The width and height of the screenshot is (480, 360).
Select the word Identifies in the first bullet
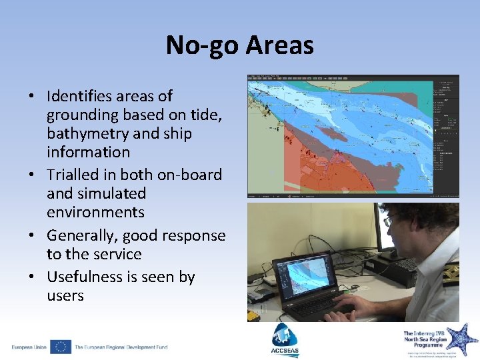(83, 96)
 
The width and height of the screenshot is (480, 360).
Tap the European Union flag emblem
(60, 347)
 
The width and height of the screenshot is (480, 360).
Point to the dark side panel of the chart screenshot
(446, 133)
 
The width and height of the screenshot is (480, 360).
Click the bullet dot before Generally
(32, 235)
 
